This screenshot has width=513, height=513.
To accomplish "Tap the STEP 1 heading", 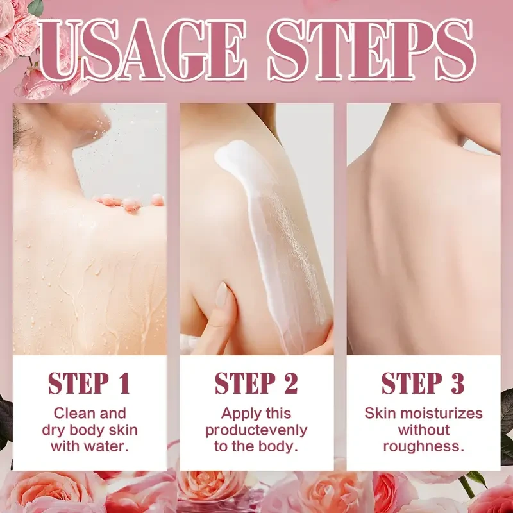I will point(90,383).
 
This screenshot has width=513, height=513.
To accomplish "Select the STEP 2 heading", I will point(256,383).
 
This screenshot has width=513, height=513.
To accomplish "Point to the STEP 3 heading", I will point(423,383).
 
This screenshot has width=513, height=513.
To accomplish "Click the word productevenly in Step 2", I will point(256,430).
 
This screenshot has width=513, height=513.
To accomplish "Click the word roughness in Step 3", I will point(423,446).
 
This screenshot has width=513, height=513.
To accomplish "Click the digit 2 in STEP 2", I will point(290,383).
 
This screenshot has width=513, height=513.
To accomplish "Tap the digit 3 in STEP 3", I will point(457,383).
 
